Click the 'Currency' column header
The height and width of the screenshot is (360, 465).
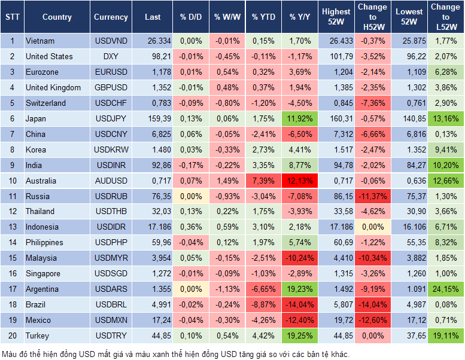click(111, 17)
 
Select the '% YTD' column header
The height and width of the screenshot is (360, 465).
click(263, 17)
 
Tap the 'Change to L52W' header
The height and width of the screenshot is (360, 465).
click(445, 17)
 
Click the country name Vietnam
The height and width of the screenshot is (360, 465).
click(40, 41)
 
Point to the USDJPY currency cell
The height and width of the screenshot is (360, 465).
click(111, 118)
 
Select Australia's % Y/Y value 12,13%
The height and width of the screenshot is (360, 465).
click(300, 181)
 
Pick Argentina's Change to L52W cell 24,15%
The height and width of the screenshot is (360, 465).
click(445, 289)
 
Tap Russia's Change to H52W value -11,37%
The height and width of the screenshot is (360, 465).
click(372, 196)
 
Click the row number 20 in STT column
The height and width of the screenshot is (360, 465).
click(12, 336)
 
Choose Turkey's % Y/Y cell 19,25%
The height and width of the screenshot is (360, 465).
click(300, 336)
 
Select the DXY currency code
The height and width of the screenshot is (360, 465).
click(111, 56)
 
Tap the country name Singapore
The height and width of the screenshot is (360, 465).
click(43, 274)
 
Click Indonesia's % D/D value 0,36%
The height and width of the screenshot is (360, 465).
click(191, 227)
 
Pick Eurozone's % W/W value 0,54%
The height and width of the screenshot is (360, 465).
click(226, 72)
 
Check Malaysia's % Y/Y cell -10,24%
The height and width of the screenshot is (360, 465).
click(300, 258)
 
